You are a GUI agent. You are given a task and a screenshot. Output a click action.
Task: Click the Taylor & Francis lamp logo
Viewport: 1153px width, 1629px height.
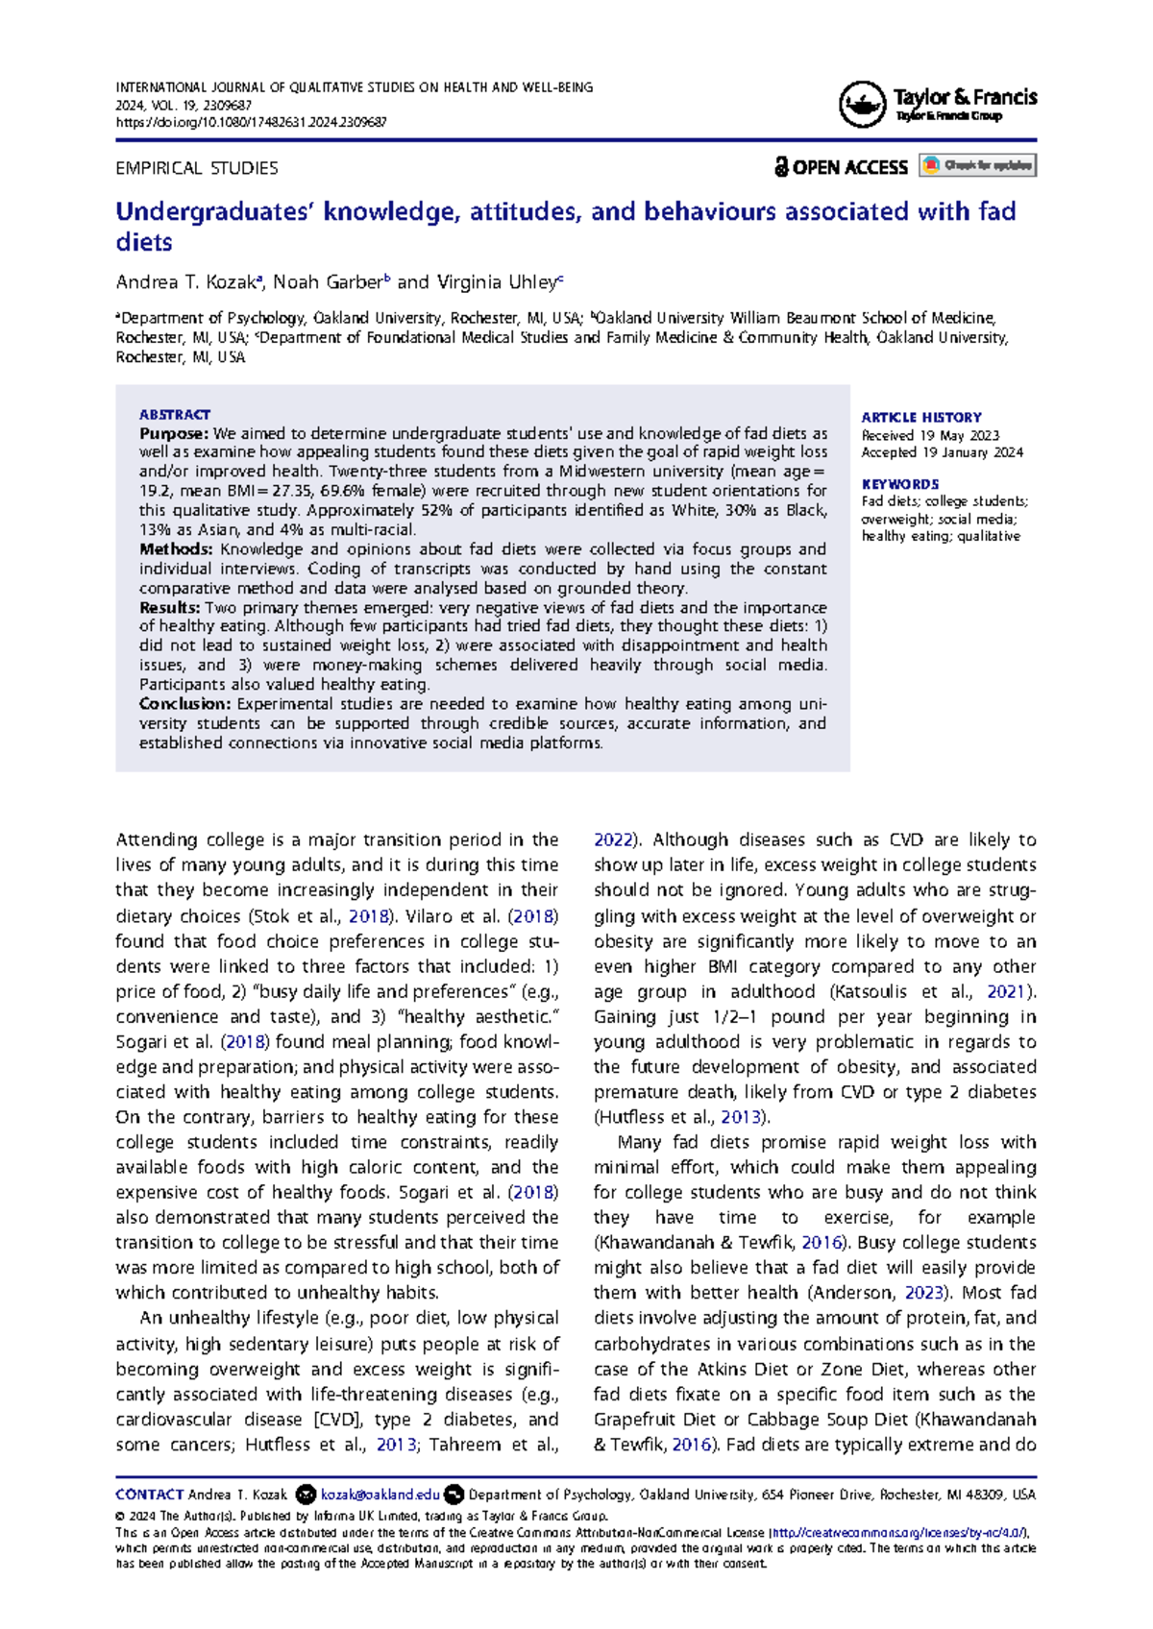[x=862, y=105]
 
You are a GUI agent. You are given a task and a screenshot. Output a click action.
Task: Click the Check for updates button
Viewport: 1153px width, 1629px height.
[x=977, y=165]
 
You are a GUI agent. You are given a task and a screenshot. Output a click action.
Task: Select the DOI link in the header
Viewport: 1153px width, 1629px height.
[x=251, y=123]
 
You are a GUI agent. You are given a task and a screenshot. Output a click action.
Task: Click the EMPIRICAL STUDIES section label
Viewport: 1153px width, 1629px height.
[x=197, y=168]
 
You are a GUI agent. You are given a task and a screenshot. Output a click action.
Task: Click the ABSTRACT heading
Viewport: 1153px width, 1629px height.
[x=174, y=414]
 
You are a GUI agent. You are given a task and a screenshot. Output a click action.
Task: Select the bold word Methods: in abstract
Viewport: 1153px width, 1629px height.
[x=176, y=549]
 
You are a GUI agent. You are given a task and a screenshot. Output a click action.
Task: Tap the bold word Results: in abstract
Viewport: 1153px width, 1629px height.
[x=170, y=608]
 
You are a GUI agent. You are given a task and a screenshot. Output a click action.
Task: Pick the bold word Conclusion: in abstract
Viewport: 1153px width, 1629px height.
[x=184, y=704]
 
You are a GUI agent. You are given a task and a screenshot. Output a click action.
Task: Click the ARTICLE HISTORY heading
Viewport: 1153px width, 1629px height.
[x=920, y=417]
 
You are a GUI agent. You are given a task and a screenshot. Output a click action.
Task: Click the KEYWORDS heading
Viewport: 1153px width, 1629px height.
[x=899, y=484]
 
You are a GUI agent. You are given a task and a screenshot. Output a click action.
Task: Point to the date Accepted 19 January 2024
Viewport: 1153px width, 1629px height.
[x=942, y=452]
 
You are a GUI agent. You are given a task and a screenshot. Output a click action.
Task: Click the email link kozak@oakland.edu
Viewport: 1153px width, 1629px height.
[x=380, y=1495]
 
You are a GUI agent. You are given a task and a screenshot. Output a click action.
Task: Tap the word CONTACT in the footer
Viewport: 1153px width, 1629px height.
[x=149, y=1495]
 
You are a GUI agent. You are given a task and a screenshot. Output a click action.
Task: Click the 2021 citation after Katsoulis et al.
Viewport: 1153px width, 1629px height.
[x=1005, y=991]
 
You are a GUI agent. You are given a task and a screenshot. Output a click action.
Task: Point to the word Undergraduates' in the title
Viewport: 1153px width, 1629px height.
[x=214, y=211]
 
